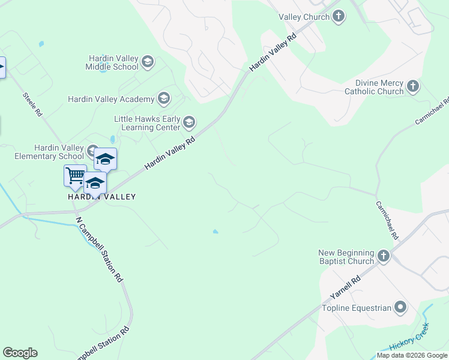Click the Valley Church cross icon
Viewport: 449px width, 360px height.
click(339, 17)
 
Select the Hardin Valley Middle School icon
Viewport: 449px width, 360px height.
click(148, 62)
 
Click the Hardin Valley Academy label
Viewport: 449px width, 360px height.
click(110, 99)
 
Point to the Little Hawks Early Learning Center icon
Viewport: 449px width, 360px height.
click(188, 123)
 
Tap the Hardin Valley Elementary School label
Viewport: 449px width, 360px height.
click(50, 152)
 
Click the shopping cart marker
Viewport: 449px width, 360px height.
click(75, 175)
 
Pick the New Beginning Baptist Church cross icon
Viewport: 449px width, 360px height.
click(384, 257)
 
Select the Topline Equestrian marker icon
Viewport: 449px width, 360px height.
click(400, 308)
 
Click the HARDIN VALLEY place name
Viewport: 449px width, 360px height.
click(101, 197)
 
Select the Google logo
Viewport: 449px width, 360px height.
click(20, 353)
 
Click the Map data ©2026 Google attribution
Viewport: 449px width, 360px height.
click(412, 355)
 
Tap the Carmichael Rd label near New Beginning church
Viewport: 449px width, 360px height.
click(387, 220)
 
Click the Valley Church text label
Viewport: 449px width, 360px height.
click(304, 17)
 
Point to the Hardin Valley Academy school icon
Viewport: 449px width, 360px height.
click(163, 99)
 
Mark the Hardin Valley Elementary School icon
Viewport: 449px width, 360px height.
click(92, 150)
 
